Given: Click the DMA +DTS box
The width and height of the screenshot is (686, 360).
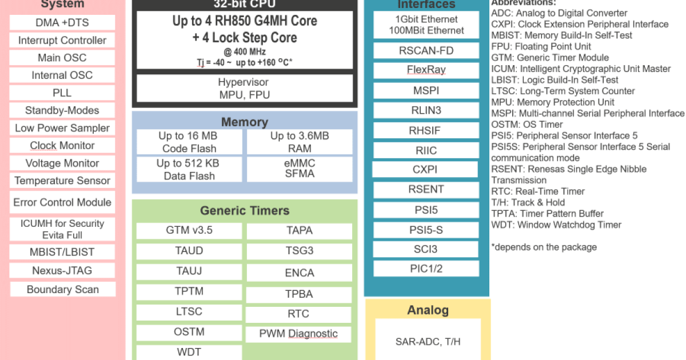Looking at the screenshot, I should point(62,23).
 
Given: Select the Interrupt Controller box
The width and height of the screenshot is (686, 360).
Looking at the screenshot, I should point(62,41).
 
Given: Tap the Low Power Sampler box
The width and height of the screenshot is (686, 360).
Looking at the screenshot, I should point(62,128).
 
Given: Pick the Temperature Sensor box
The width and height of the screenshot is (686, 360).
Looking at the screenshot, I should point(62,181).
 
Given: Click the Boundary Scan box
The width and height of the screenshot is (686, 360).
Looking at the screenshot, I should point(62,289).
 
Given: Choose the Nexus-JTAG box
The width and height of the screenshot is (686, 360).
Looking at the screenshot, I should point(62,270).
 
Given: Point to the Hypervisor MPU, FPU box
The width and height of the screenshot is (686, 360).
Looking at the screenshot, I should point(244,89).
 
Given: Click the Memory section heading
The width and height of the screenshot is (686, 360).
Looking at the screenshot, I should point(244,122).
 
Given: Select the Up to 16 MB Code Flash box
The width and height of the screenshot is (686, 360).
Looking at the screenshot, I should point(189,142).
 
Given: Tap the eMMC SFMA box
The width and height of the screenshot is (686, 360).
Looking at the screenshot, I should point(300,169).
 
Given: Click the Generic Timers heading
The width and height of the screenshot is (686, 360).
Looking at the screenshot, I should point(244,210).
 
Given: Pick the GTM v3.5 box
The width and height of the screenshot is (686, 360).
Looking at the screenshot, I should point(189,231).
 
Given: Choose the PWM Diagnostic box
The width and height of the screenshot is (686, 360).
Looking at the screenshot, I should point(298,334).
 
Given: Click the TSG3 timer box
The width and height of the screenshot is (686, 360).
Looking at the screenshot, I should point(299,251).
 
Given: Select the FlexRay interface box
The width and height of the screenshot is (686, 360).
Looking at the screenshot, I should point(426,70).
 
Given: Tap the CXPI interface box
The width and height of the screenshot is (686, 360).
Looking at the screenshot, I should point(425,170).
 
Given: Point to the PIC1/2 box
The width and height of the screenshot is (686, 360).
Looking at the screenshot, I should point(426,269).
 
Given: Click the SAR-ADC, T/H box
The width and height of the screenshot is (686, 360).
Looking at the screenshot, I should point(428,342).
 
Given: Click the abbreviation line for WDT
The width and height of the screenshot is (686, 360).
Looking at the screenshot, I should point(556,225).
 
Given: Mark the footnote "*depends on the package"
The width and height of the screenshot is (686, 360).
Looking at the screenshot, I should point(544,247).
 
